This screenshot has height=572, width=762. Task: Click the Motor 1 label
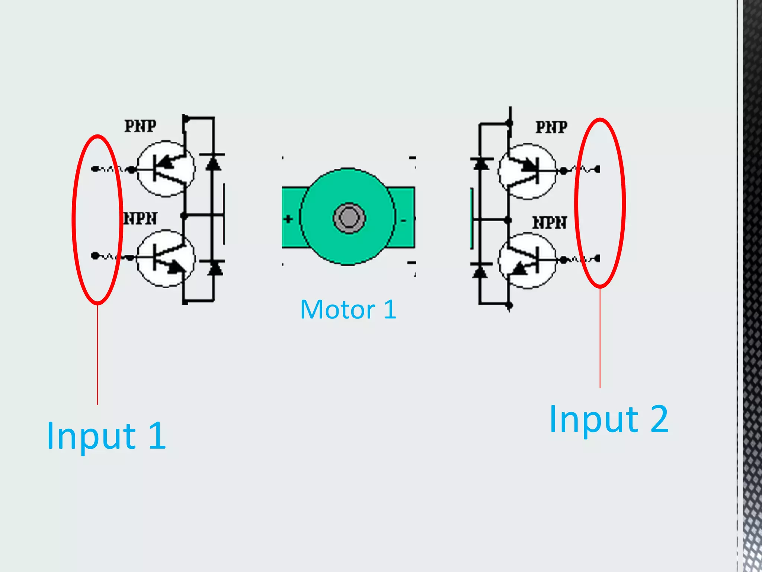coord(348,310)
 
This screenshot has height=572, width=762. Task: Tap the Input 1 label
coord(106,436)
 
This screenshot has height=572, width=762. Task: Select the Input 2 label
coord(609,419)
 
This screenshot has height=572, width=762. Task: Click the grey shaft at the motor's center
coord(349,218)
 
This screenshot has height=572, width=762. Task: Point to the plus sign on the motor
coord(288,219)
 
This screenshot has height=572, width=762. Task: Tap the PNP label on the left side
coord(140,126)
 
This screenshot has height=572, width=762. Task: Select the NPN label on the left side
coord(140,219)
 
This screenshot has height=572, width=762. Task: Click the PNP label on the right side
coord(551,127)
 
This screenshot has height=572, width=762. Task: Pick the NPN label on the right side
coord(550,223)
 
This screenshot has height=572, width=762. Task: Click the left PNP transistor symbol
coord(166,169)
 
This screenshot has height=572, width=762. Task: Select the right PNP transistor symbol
coord(527,171)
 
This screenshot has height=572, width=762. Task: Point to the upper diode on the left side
coord(213,163)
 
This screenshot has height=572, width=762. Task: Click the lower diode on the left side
coord(215,268)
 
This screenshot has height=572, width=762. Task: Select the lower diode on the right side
coord(480,271)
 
